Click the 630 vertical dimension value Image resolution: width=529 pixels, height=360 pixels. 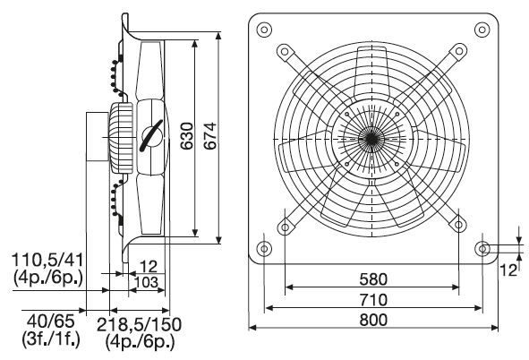[186, 136]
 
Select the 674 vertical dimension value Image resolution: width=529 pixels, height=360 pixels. [209, 136]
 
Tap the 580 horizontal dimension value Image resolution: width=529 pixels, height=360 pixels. [373, 279]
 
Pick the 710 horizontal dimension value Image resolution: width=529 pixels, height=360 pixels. [373, 300]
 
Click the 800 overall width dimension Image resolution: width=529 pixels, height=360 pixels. [373, 320]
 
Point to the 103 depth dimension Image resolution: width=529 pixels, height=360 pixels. [146, 282]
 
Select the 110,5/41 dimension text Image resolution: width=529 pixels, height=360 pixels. [47, 260]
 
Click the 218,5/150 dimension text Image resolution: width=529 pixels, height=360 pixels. [139, 324]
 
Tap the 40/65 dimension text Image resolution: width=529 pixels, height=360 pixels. [51, 321]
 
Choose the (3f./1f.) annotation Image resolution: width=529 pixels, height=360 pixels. [51, 339]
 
